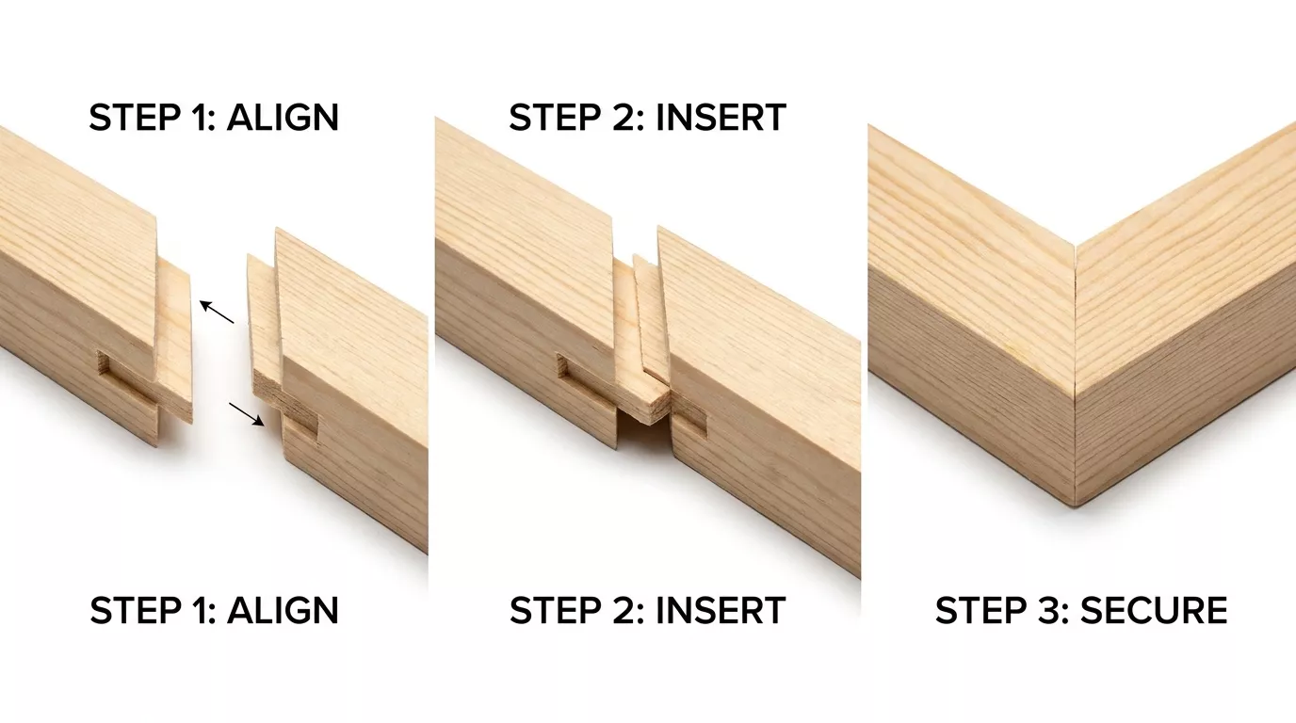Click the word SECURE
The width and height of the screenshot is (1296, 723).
pos(1154,610)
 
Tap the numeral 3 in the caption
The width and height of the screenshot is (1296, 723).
pos(1045,610)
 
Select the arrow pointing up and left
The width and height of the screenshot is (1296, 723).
pos(217,312)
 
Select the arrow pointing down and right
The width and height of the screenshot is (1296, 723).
pos(247,414)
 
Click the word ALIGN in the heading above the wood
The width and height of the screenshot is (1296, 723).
pos(283,118)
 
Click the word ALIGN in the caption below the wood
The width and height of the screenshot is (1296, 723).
pos(283,610)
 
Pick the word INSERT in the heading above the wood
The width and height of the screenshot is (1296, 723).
pos(721,118)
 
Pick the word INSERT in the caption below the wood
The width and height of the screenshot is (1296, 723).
pos(721,610)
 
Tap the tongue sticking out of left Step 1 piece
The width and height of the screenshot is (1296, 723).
pos(175,341)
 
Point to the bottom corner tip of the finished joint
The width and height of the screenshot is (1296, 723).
pos(1075,506)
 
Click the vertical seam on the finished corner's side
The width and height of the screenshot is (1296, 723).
pos(1075,451)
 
